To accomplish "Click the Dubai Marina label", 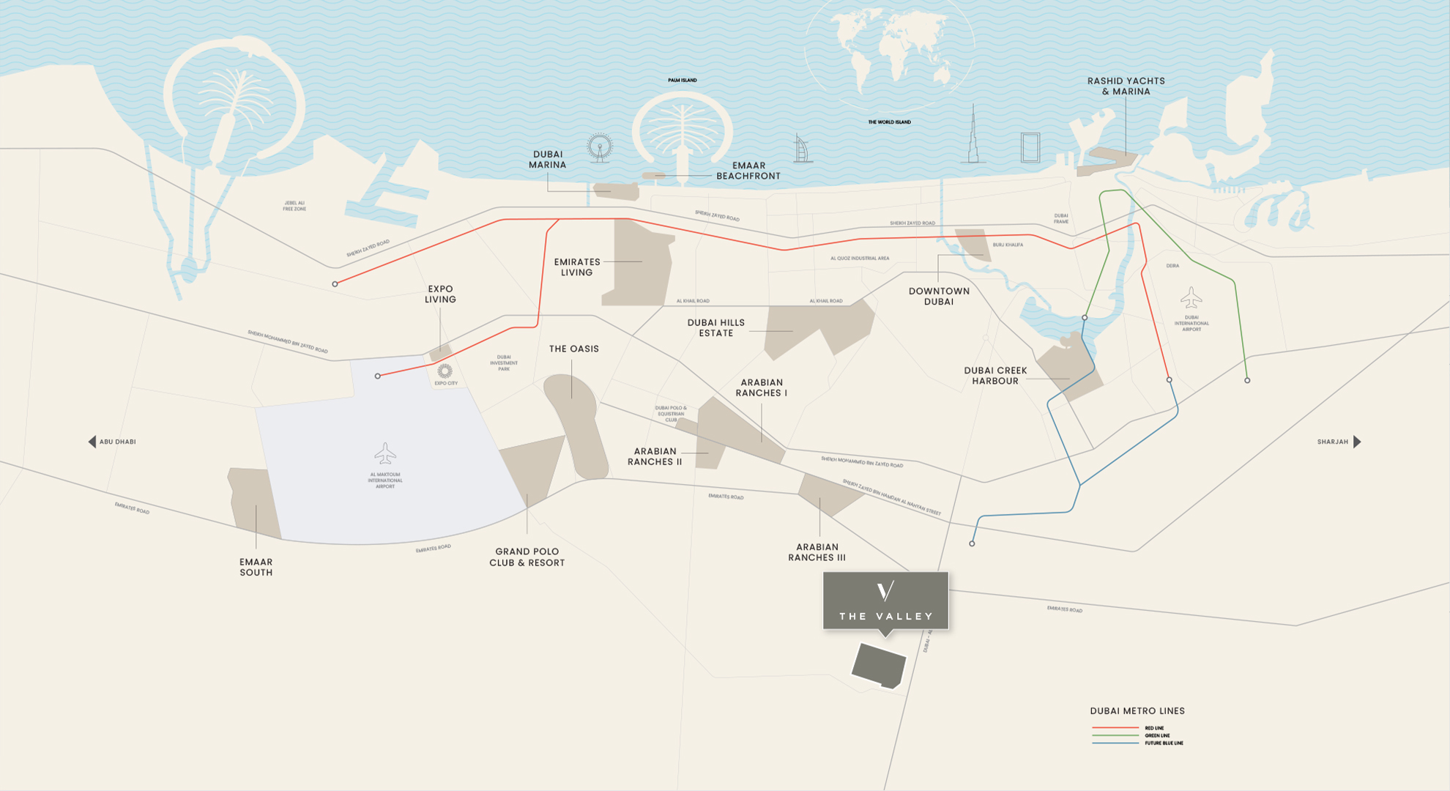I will pos(548,160).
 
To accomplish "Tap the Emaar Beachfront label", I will pos(748,171).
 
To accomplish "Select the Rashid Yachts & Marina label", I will pos(1126,86).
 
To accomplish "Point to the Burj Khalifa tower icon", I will pos(973,136).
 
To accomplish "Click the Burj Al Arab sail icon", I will pos(803,149).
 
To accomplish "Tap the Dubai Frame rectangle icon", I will pos(1030,147).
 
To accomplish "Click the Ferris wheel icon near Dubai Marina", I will pos(600,148).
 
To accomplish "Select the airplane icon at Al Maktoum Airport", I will pos(385,453).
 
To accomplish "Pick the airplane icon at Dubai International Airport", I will pos(1191,298).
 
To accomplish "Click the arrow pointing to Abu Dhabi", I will pos(92,442).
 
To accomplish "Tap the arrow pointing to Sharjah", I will pos(1357,442).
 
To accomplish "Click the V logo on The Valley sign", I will pos(885,591).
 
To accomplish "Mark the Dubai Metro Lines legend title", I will pos(1137,711).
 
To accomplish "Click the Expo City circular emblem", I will pos(445,371).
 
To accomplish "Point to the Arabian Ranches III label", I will pos(817,552).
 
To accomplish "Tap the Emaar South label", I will pos(256,568).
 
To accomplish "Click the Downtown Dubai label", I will pos(939,297).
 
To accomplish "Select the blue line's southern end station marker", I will pos(972,544).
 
